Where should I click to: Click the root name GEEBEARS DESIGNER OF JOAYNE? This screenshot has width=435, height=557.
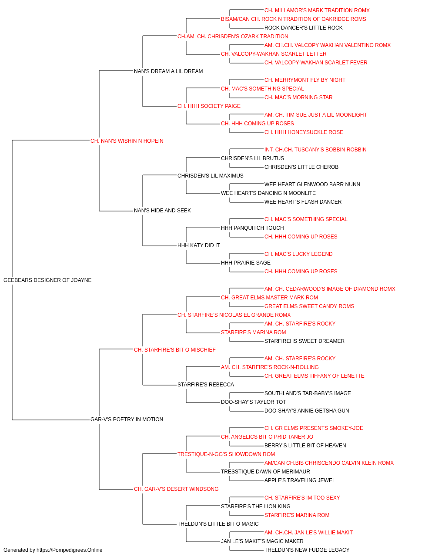click(47, 280)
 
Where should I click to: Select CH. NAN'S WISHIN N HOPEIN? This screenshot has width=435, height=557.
click(127, 141)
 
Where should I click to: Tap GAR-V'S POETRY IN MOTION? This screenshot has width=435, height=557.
click(127, 419)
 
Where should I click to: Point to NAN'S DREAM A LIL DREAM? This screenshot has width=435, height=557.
click(168, 71)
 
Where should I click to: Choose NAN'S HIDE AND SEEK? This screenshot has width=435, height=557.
click(162, 211)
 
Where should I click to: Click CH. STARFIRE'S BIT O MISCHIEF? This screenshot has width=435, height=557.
click(175, 349)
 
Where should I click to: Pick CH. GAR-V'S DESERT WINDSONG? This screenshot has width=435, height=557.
click(176, 489)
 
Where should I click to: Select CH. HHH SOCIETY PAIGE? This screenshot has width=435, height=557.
click(209, 106)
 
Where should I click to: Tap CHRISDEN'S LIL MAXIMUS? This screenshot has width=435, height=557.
click(211, 175)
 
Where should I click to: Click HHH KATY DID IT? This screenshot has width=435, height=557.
click(198, 245)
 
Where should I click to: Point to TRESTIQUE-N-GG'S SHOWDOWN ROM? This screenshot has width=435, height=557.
click(226, 454)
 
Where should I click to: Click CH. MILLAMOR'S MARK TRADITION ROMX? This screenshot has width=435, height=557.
click(317, 10)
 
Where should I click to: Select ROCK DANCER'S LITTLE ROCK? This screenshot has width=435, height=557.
click(303, 28)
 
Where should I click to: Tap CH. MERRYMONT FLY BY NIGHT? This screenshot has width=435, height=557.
click(305, 80)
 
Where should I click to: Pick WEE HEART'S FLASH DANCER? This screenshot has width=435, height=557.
click(303, 202)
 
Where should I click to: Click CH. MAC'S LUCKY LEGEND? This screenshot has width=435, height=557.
click(298, 254)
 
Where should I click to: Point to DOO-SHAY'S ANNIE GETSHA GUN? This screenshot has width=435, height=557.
click(307, 411)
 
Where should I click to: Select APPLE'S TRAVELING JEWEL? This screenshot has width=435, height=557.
click(300, 480)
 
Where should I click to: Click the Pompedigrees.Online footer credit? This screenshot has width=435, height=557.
click(53, 550)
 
